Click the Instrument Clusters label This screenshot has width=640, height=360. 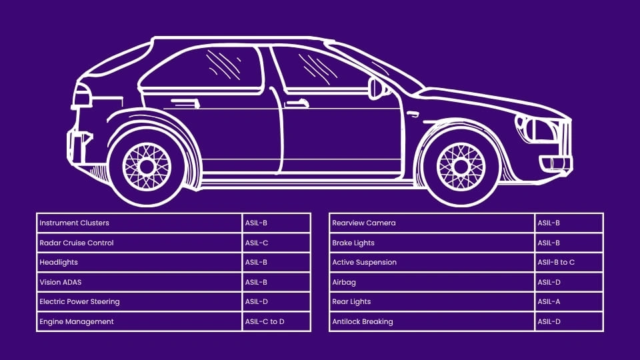pyautogui.click(x=74, y=223)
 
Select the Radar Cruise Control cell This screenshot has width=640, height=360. pyautogui.click(x=77, y=243)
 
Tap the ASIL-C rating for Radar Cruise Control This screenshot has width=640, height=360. pyautogui.click(x=256, y=243)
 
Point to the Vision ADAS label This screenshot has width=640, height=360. pyautogui.click(x=60, y=282)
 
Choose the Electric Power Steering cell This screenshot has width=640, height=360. pyautogui.click(x=79, y=301)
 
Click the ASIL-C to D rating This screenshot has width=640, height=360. pyautogui.click(x=264, y=321)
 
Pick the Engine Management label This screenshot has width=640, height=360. pyautogui.click(x=77, y=321)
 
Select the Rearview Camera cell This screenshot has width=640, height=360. pyautogui.click(x=364, y=223)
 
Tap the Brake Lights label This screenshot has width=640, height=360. pyautogui.click(x=353, y=243)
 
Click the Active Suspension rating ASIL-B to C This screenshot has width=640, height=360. pyautogui.click(x=556, y=262)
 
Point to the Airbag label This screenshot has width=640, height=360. pyautogui.click(x=343, y=282)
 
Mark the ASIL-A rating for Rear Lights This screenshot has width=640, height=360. pyautogui.click(x=549, y=301)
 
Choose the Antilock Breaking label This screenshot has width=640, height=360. pyautogui.click(x=363, y=321)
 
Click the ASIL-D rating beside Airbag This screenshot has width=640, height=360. pyautogui.click(x=549, y=282)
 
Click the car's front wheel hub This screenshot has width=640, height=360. pyautogui.click(x=461, y=166)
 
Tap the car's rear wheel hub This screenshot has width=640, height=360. pyautogui.click(x=147, y=166)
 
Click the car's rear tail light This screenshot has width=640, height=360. pyautogui.click(x=81, y=97)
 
